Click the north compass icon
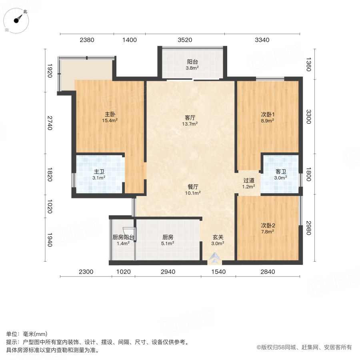point(16,20)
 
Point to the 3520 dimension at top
point(185,40)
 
